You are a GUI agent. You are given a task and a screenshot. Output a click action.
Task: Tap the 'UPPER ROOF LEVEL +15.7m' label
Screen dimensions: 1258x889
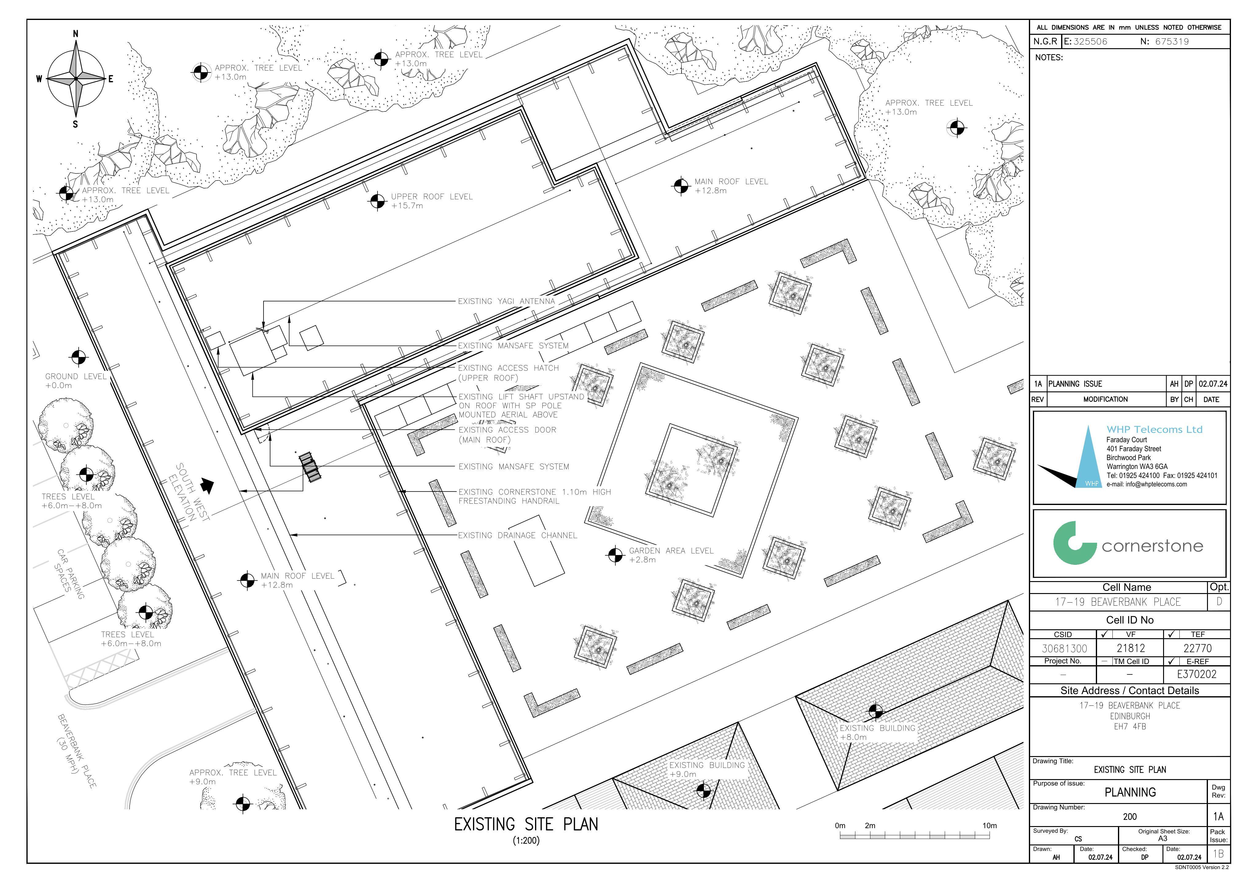pos(432,201)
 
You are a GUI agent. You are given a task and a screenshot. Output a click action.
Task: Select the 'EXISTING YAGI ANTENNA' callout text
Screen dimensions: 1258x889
pos(506,301)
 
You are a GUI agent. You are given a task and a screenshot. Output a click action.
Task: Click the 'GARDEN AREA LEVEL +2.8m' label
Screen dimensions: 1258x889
pos(671,555)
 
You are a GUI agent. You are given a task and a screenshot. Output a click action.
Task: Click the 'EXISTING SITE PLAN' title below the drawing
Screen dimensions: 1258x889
pos(526,824)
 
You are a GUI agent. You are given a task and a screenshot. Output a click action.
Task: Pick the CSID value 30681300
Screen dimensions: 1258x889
pos(1064,649)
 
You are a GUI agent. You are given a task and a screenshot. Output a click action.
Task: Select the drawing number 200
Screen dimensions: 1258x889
pos(1130,817)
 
